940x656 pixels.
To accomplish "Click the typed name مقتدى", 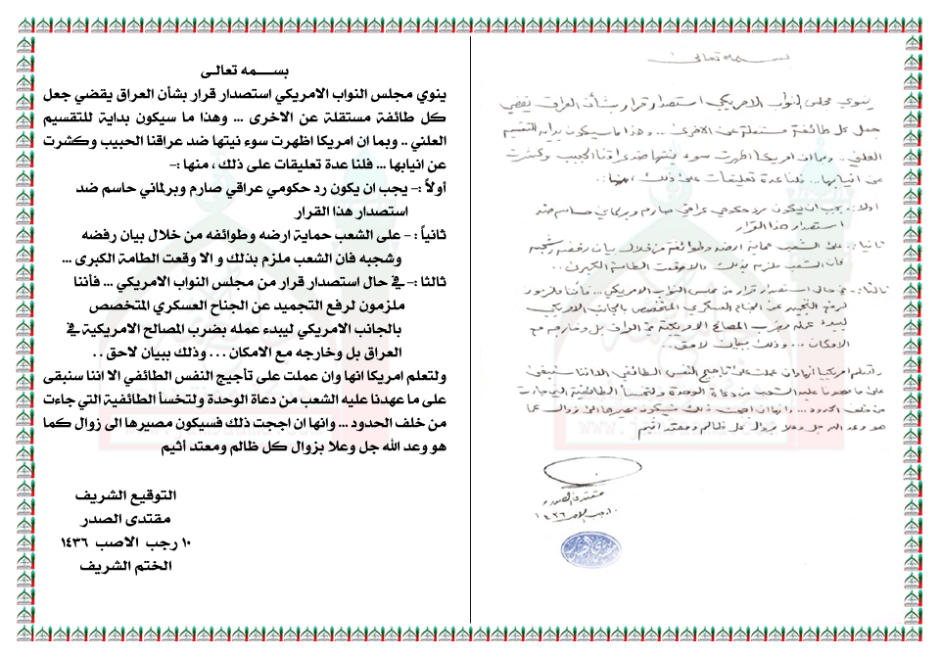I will (141, 518).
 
